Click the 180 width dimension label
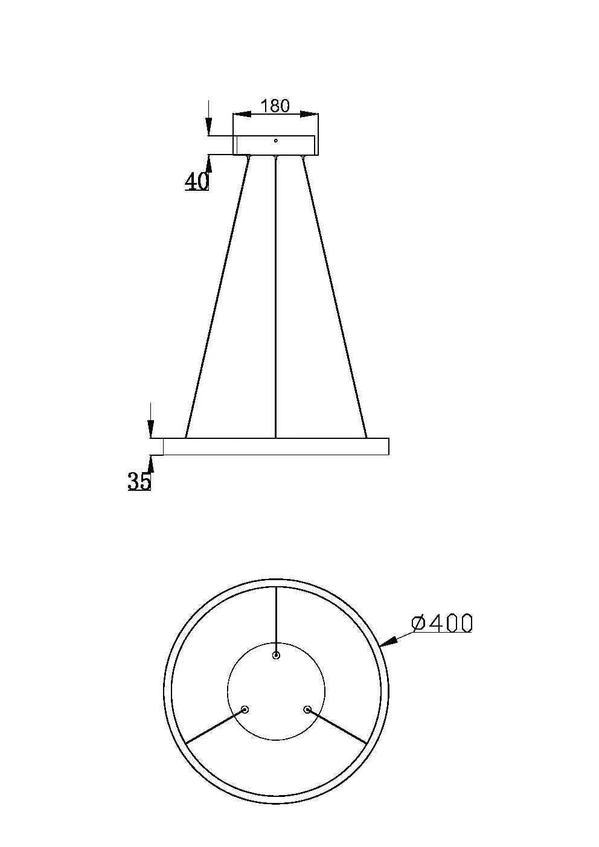(275, 106)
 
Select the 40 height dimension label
(196, 181)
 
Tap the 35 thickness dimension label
(139, 481)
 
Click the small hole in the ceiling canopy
(275, 141)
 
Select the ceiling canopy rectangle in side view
(275, 145)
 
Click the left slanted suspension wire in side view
(217, 296)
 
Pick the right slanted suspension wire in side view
(335, 296)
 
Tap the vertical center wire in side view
(275, 296)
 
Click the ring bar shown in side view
(275, 446)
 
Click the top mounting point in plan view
(276, 656)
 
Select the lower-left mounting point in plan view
(245, 709)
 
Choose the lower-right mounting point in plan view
(307, 709)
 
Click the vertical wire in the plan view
(276, 619)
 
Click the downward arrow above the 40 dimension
(208, 124)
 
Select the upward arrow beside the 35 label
(151, 464)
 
